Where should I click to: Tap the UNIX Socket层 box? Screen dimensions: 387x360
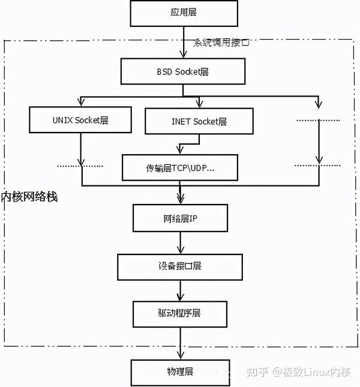pos(80,120)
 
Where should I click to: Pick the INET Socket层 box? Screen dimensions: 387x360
pos(195,121)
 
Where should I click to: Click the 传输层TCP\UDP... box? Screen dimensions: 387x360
pos(180,167)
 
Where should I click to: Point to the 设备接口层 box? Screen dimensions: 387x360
pos(180,265)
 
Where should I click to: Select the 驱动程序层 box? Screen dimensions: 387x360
pos(180,313)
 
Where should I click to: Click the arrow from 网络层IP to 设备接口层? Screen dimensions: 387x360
pos(180,242)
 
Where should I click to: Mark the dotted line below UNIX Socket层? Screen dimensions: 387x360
pos(80,166)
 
